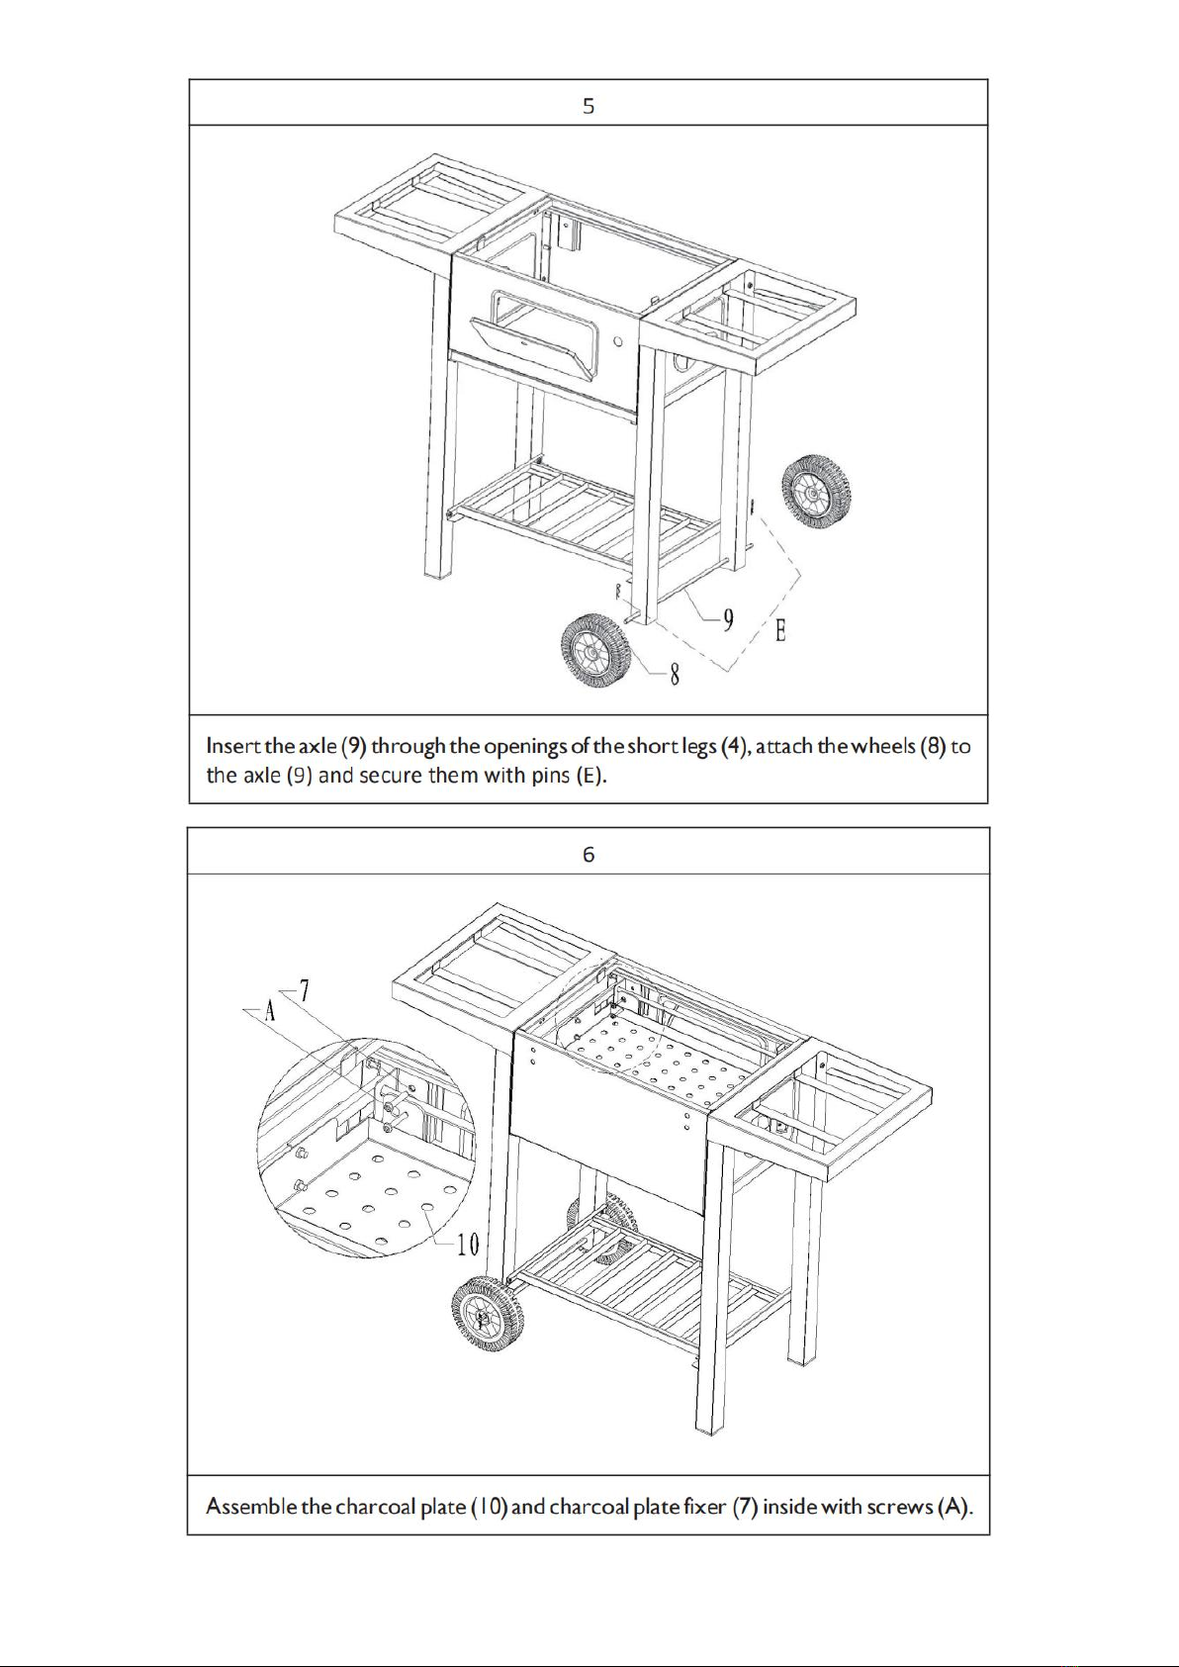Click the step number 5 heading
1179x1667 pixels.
click(589, 107)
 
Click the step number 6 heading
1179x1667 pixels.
click(589, 855)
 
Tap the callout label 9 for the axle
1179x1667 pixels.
click(728, 619)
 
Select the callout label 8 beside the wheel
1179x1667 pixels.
click(674, 675)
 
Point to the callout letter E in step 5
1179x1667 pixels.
click(780, 631)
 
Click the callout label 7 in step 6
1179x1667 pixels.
click(304, 990)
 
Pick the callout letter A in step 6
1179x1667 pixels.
click(270, 1011)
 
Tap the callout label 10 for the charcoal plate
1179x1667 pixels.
click(468, 1244)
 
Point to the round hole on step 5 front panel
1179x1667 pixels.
click(617, 341)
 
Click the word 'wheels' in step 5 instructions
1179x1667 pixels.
click(883, 746)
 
